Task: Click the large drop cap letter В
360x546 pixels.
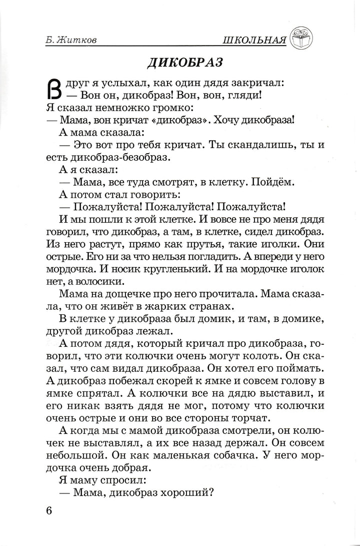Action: (x=54, y=89)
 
